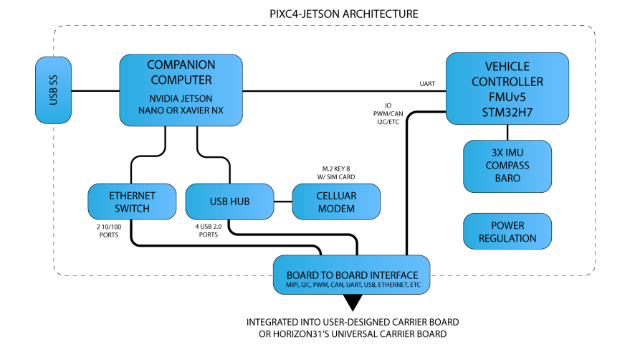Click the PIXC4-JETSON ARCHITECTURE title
point(330,14)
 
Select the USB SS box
point(54,90)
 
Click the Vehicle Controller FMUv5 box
point(507,89)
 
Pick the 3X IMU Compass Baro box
point(507,166)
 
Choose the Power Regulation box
point(507,230)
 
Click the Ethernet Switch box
point(132,202)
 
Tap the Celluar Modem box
point(336,202)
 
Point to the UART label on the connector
point(428,84)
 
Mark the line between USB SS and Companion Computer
point(95,90)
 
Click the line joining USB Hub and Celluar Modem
point(283,202)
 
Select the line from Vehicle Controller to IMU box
point(507,133)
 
